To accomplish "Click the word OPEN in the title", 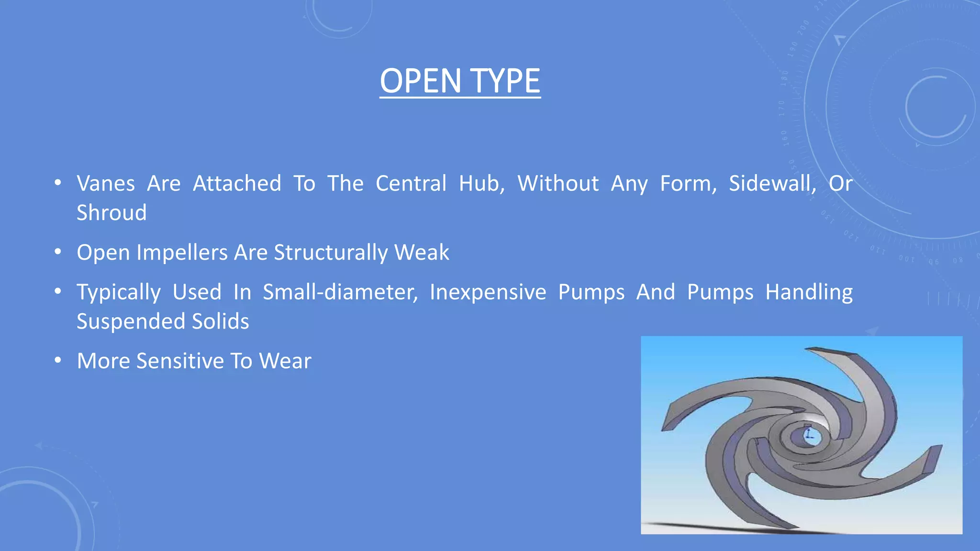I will click(x=420, y=81).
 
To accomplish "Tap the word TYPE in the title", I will click(x=505, y=81).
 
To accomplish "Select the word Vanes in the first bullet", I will click(x=106, y=184).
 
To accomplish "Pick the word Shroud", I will click(x=111, y=213).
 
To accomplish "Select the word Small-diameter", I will click(x=340, y=292).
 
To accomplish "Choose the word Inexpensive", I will click(x=488, y=292).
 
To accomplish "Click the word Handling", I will click(x=809, y=292).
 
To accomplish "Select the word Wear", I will click(x=285, y=361).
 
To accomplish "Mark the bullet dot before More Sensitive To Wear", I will click(x=58, y=360).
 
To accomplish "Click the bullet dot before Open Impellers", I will click(x=58, y=252).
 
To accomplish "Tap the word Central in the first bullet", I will click(x=411, y=184).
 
